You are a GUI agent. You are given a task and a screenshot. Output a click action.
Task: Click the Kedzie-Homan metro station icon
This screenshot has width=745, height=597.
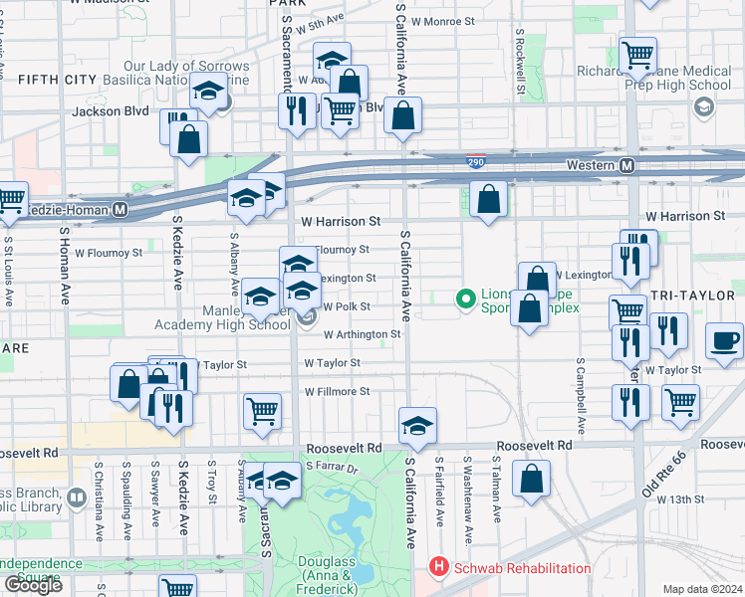pyautogui.click(x=120, y=210)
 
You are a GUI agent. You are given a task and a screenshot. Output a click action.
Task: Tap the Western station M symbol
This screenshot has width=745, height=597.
pyautogui.click(x=628, y=165)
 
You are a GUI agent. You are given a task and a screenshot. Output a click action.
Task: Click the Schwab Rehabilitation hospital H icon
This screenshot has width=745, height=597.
pyautogui.click(x=436, y=568)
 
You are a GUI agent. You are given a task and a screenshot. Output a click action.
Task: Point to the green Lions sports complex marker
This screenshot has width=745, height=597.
pyautogui.click(x=464, y=298)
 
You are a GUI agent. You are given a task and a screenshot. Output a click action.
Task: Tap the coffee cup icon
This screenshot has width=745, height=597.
pyautogui.click(x=725, y=341)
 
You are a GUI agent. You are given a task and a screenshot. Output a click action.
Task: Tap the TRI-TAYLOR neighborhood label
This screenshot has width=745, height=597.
pyautogui.click(x=697, y=297)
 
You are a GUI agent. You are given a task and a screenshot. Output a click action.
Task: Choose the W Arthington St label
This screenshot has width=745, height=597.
pyautogui.click(x=362, y=335)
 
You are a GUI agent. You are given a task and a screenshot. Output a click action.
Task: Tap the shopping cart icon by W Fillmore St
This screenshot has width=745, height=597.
pyautogui.click(x=262, y=410)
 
